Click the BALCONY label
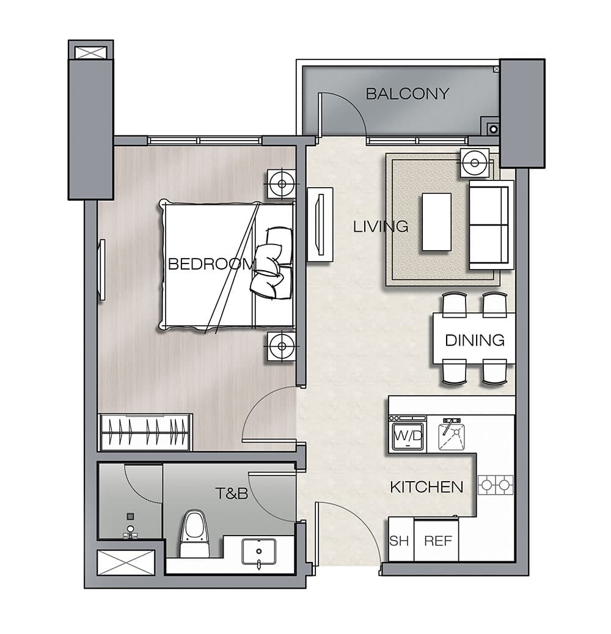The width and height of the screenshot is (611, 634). [x=408, y=94]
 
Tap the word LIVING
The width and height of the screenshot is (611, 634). [x=381, y=226]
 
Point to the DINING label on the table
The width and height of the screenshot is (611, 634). [x=475, y=341]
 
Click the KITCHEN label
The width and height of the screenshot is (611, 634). [x=426, y=487]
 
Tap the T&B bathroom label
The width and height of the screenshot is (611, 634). [x=232, y=493]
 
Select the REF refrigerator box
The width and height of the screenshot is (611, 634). [x=436, y=540]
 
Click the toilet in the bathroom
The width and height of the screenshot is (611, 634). [x=195, y=534]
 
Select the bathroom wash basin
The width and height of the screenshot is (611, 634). [x=258, y=551]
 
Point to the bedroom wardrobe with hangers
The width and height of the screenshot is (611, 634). [x=145, y=432]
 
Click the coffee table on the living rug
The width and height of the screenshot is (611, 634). [x=436, y=222]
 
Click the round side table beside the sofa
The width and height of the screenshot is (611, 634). [x=475, y=163]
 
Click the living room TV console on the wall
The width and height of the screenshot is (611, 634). [x=320, y=224]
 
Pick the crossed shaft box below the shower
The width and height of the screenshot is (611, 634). [x=126, y=562]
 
